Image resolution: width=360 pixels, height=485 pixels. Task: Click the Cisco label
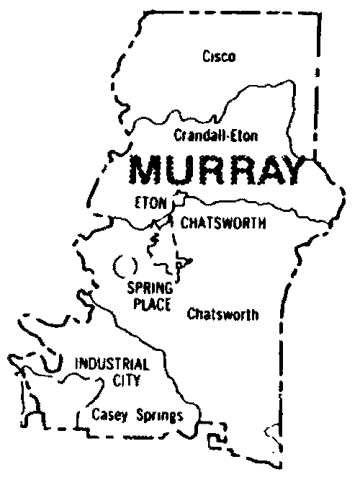[219, 57]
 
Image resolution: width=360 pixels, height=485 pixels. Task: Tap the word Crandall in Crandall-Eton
[196, 135]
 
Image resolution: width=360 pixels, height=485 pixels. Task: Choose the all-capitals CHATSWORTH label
[223, 223]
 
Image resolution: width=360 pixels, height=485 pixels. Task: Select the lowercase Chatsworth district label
[222, 314]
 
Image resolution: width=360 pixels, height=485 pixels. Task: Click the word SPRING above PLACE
[150, 290]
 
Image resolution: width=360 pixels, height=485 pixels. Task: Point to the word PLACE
[150, 304]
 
